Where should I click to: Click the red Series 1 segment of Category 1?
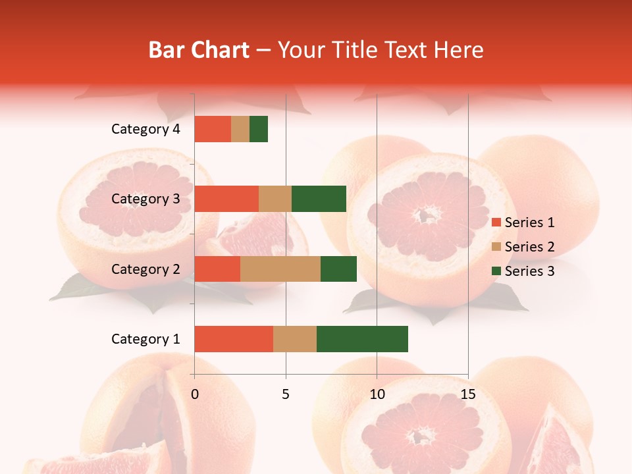(x=234, y=339)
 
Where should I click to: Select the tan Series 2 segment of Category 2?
(x=280, y=269)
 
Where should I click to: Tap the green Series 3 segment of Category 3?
(x=319, y=199)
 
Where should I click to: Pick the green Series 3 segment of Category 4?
(x=259, y=129)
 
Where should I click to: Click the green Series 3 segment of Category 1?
(x=362, y=339)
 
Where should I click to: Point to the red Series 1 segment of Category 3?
(x=226, y=199)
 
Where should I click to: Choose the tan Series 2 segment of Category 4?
(x=240, y=129)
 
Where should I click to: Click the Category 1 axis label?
(x=145, y=339)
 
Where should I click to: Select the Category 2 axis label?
(x=145, y=269)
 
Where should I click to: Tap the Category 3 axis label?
(x=145, y=199)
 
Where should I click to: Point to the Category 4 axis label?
(x=145, y=129)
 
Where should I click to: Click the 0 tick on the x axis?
(x=194, y=394)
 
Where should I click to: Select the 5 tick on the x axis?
(x=286, y=394)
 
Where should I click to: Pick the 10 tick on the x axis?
(x=377, y=394)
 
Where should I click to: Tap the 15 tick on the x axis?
(x=467, y=394)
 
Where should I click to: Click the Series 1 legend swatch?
(x=496, y=223)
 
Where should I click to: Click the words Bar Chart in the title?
(x=199, y=50)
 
